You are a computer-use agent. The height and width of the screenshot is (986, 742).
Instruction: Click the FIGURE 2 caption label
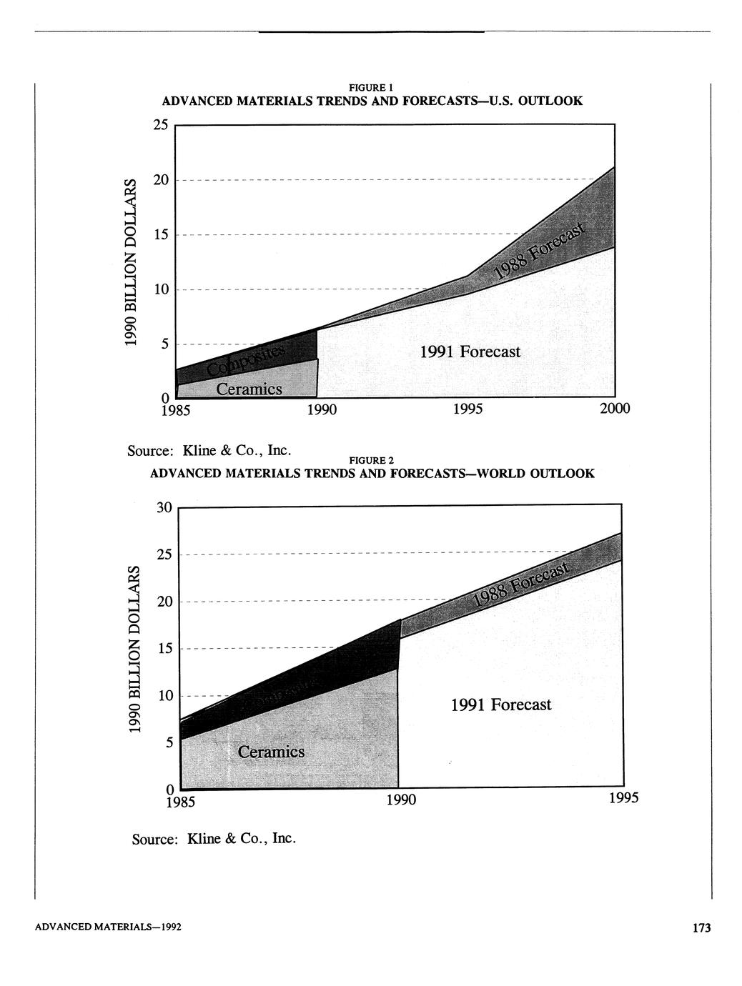[372, 459]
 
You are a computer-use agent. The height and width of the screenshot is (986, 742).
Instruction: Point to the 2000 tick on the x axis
[615, 409]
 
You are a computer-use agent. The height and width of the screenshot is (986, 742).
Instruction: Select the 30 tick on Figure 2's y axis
[164, 507]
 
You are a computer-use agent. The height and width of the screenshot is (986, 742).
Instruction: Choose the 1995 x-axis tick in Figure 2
[623, 798]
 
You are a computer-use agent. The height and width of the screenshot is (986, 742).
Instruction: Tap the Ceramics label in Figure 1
[249, 389]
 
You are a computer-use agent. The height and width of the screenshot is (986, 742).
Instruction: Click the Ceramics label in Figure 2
[271, 752]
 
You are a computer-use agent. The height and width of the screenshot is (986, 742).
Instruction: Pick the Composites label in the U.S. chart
[246, 359]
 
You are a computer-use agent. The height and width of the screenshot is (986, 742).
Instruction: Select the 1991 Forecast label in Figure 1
[470, 352]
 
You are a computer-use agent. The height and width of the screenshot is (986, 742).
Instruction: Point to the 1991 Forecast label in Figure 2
[491, 704]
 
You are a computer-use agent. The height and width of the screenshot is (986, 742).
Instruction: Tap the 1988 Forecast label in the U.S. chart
[540, 253]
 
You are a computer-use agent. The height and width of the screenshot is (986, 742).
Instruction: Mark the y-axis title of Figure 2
[134, 649]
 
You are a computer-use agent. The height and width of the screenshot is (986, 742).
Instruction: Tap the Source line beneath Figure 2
[214, 838]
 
